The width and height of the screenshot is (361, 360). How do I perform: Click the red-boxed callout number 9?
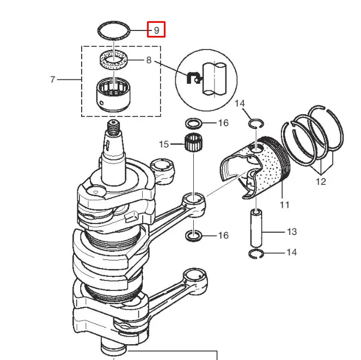(x=157, y=30)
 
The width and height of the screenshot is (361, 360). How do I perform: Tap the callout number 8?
(x=149, y=60)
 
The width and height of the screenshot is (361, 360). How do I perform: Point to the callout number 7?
(x=53, y=79)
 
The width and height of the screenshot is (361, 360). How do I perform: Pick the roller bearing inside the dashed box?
(x=113, y=95)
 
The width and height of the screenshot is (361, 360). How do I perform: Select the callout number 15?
(x=164, y=144)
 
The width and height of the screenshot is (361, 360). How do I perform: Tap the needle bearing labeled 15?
(x=194, y=143)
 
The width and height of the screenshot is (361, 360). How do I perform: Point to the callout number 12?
(x=321, y=182)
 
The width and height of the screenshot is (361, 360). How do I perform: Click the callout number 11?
(x=284, y=204)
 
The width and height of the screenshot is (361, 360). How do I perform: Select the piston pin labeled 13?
(x=256, y=227)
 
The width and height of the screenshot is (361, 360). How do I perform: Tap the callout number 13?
(x=292, y=232)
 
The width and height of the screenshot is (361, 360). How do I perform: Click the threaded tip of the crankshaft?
(x=113, y=128)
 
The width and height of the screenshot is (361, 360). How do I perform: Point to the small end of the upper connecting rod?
(x=194, y=202)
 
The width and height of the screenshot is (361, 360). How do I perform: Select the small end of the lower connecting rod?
(x=195, y=278)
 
